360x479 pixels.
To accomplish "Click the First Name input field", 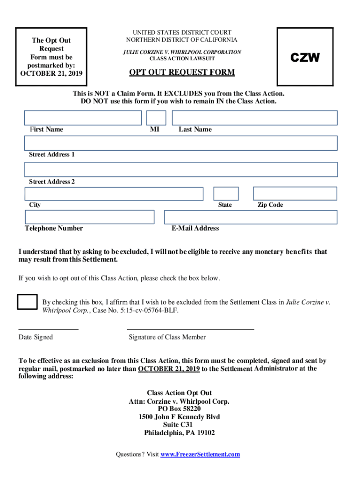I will [83, 118].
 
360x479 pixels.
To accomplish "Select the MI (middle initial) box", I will [156, 118].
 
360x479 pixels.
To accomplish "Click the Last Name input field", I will [254, 118].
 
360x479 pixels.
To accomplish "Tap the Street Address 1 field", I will [180, 143].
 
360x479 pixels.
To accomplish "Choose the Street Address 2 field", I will [180, 169].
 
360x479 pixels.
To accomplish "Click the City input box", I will [114, 194].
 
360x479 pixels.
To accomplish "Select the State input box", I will [226, 194].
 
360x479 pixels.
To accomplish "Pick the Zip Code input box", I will [295, 194].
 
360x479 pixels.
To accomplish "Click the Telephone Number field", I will [89, 217].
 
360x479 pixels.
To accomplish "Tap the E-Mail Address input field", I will [251, 217].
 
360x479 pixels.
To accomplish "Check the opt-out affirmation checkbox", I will [27, 302].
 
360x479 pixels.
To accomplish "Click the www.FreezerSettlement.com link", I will [200, 454].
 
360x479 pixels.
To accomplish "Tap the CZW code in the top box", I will [305, 58].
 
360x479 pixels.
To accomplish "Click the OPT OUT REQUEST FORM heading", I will [182, 73].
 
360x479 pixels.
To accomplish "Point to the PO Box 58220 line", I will [179, 408].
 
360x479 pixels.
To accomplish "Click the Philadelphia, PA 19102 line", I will [179, 433].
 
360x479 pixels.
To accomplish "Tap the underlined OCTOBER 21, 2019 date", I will [169, 369].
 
